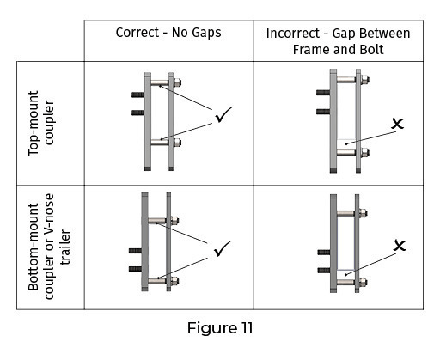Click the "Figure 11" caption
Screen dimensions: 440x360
pos(220,328)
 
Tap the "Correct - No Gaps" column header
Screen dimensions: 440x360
pos(168,33)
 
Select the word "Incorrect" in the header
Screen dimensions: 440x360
pos(293,34)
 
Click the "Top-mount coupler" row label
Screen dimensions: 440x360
pos(41,123)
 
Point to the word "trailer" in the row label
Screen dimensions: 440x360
pos(65,247)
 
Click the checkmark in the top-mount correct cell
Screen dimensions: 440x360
pos(223,114)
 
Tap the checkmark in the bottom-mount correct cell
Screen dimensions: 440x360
pos(223,248)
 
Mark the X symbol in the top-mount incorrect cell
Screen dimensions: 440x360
pos(398,124)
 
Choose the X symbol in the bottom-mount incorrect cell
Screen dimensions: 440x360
pos(400,246)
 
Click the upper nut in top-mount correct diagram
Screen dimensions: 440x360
pos(177,82)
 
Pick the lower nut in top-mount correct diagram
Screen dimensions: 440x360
pos(177,142)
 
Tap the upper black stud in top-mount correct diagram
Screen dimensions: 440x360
pos(138,95)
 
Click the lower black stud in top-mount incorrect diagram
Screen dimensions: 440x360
pos(323,112)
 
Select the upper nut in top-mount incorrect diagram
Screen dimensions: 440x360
pos(365,79)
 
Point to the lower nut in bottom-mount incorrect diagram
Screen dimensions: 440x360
pos(364,282)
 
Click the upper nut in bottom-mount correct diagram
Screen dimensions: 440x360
pos(174,221)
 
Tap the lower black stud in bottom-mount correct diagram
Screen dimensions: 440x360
pos(135,269)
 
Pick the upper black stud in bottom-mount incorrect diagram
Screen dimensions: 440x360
pos(324,253)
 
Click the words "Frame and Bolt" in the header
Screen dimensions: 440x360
pos(338,50)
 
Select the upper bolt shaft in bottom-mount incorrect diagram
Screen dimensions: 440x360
pos(345,213)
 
